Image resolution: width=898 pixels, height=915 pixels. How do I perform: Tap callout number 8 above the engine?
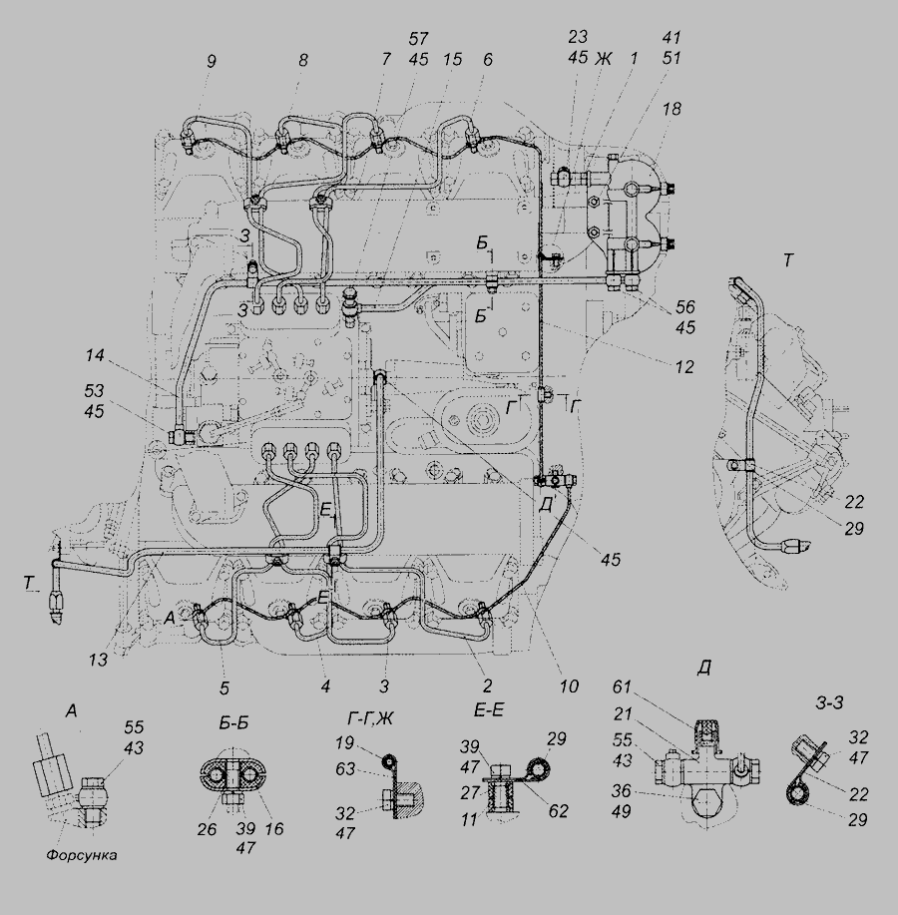pyautogui.click(x=302, y=61)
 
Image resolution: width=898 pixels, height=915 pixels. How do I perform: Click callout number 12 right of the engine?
pyautogui.click(x=683, y=368)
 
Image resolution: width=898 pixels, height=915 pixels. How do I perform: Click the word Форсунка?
pyautogui.click(x=87, y=855)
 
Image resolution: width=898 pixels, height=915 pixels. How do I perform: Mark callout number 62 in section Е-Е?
pyautogui.click(x=560, y=812)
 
